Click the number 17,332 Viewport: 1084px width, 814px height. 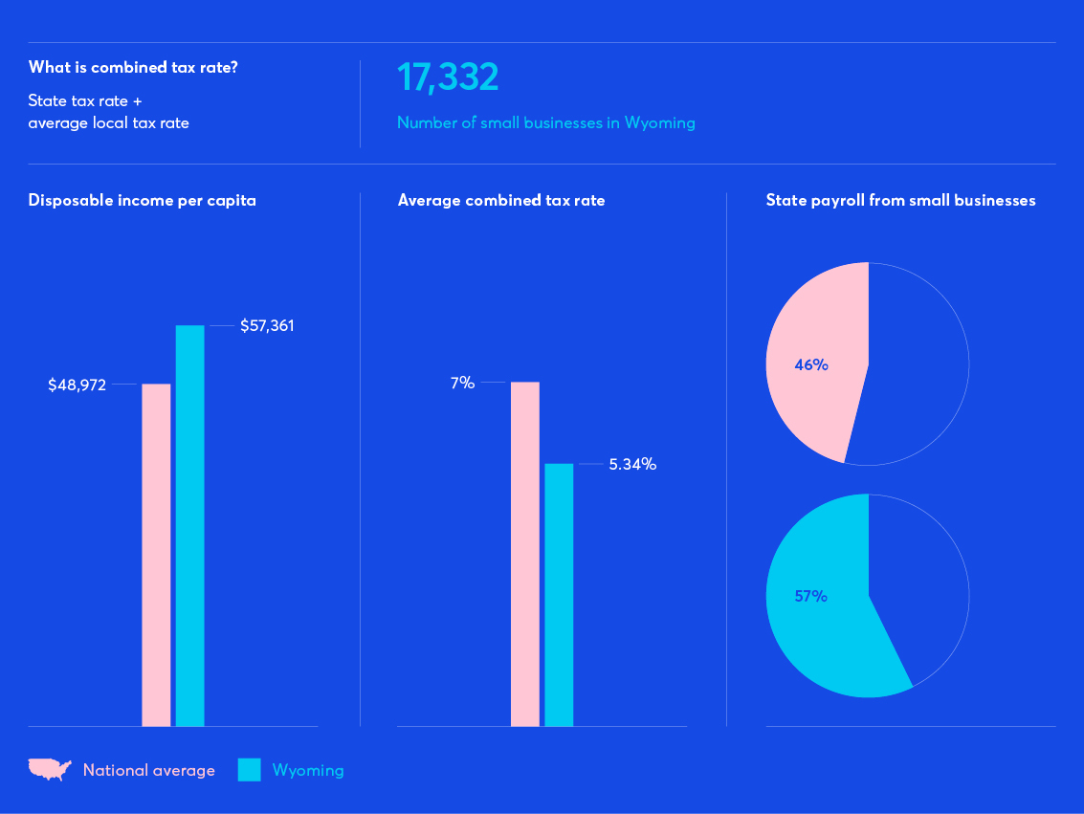[448, 77]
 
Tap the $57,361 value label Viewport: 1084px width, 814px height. [267, 326]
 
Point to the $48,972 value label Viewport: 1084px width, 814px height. [77, 385]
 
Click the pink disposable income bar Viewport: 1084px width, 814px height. [156, 555]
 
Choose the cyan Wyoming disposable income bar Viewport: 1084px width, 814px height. [189, 526]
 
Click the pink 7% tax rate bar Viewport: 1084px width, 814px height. [525, 554]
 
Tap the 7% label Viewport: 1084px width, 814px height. [462, 383]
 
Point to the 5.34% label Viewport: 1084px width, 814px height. [632, 465]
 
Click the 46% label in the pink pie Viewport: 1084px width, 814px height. [810, 364]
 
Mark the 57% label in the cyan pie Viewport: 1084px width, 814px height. [810, 596]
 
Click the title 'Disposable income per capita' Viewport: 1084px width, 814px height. [143, 201]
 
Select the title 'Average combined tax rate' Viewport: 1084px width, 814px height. [501, 201]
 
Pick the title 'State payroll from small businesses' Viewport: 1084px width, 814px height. [900, 201]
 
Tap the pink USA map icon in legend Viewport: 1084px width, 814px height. [50, 769]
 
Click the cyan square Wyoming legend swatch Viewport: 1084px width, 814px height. [249, 770]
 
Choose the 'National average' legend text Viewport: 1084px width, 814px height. [149, 770]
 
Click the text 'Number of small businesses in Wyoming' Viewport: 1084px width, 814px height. [545, 122]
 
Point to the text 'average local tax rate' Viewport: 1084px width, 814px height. [109, 122]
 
